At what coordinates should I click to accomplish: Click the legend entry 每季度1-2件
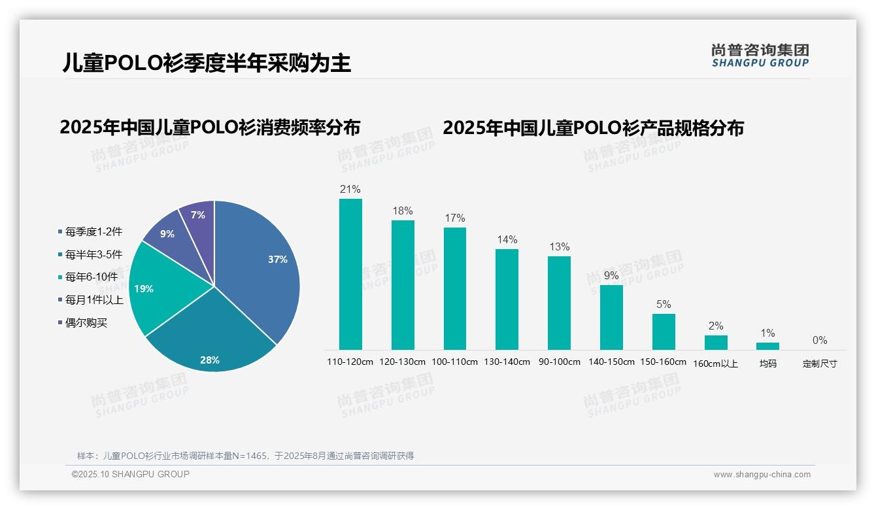coord(93,231)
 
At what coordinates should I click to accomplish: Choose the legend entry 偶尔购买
coord(86,322)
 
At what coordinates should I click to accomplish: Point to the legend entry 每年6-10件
coord(91,277)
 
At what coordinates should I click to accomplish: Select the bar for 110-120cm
coord(350,274)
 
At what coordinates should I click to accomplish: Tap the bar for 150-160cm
coord(664,331)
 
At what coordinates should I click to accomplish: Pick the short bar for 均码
coord(767,346)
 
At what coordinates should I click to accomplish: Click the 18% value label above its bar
coord(403,211)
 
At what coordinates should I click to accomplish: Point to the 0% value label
coord(820,340)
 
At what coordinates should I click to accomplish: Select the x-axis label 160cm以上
coord(716,364)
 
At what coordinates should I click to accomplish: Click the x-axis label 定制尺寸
coord(820,364)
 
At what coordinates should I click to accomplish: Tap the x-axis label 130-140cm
coord(507,362)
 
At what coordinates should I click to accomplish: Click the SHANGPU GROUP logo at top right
coord(760,56)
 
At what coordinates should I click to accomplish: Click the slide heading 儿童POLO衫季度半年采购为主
coord(207,63)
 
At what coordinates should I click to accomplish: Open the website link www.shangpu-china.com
coord(762,475)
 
